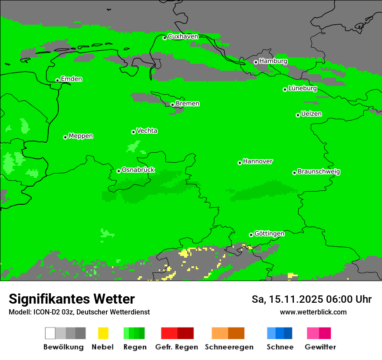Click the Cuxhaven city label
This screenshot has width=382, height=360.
[x=183, y=36]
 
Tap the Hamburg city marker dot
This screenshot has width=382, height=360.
[x=256, y=62]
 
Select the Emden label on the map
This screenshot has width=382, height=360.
[x=71, y=79]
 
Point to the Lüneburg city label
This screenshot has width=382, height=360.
[x=302, y=88]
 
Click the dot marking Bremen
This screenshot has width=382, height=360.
[x=172, y=105]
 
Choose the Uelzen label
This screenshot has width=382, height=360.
[x=311, y=114]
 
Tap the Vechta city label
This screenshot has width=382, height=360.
[x=147, y=131]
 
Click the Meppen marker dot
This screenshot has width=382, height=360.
[x=65, y=137]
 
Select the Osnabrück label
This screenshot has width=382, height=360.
[x=138, y=170]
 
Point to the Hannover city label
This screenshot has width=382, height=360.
[x=257, y=161]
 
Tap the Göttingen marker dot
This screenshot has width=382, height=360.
[x=251, y=235]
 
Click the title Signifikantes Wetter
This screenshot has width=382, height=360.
[x=72, y=299]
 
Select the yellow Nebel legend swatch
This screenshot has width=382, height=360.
[x=103, y=333]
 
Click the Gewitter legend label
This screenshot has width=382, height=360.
[x=320, y=347]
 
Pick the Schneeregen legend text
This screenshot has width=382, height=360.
[x=229, y=347]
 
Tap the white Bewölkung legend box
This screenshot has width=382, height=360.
[x=50, y=333]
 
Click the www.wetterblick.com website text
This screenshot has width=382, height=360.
[x=313, y=312]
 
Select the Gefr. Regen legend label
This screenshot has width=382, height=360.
[x=176, y=347]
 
